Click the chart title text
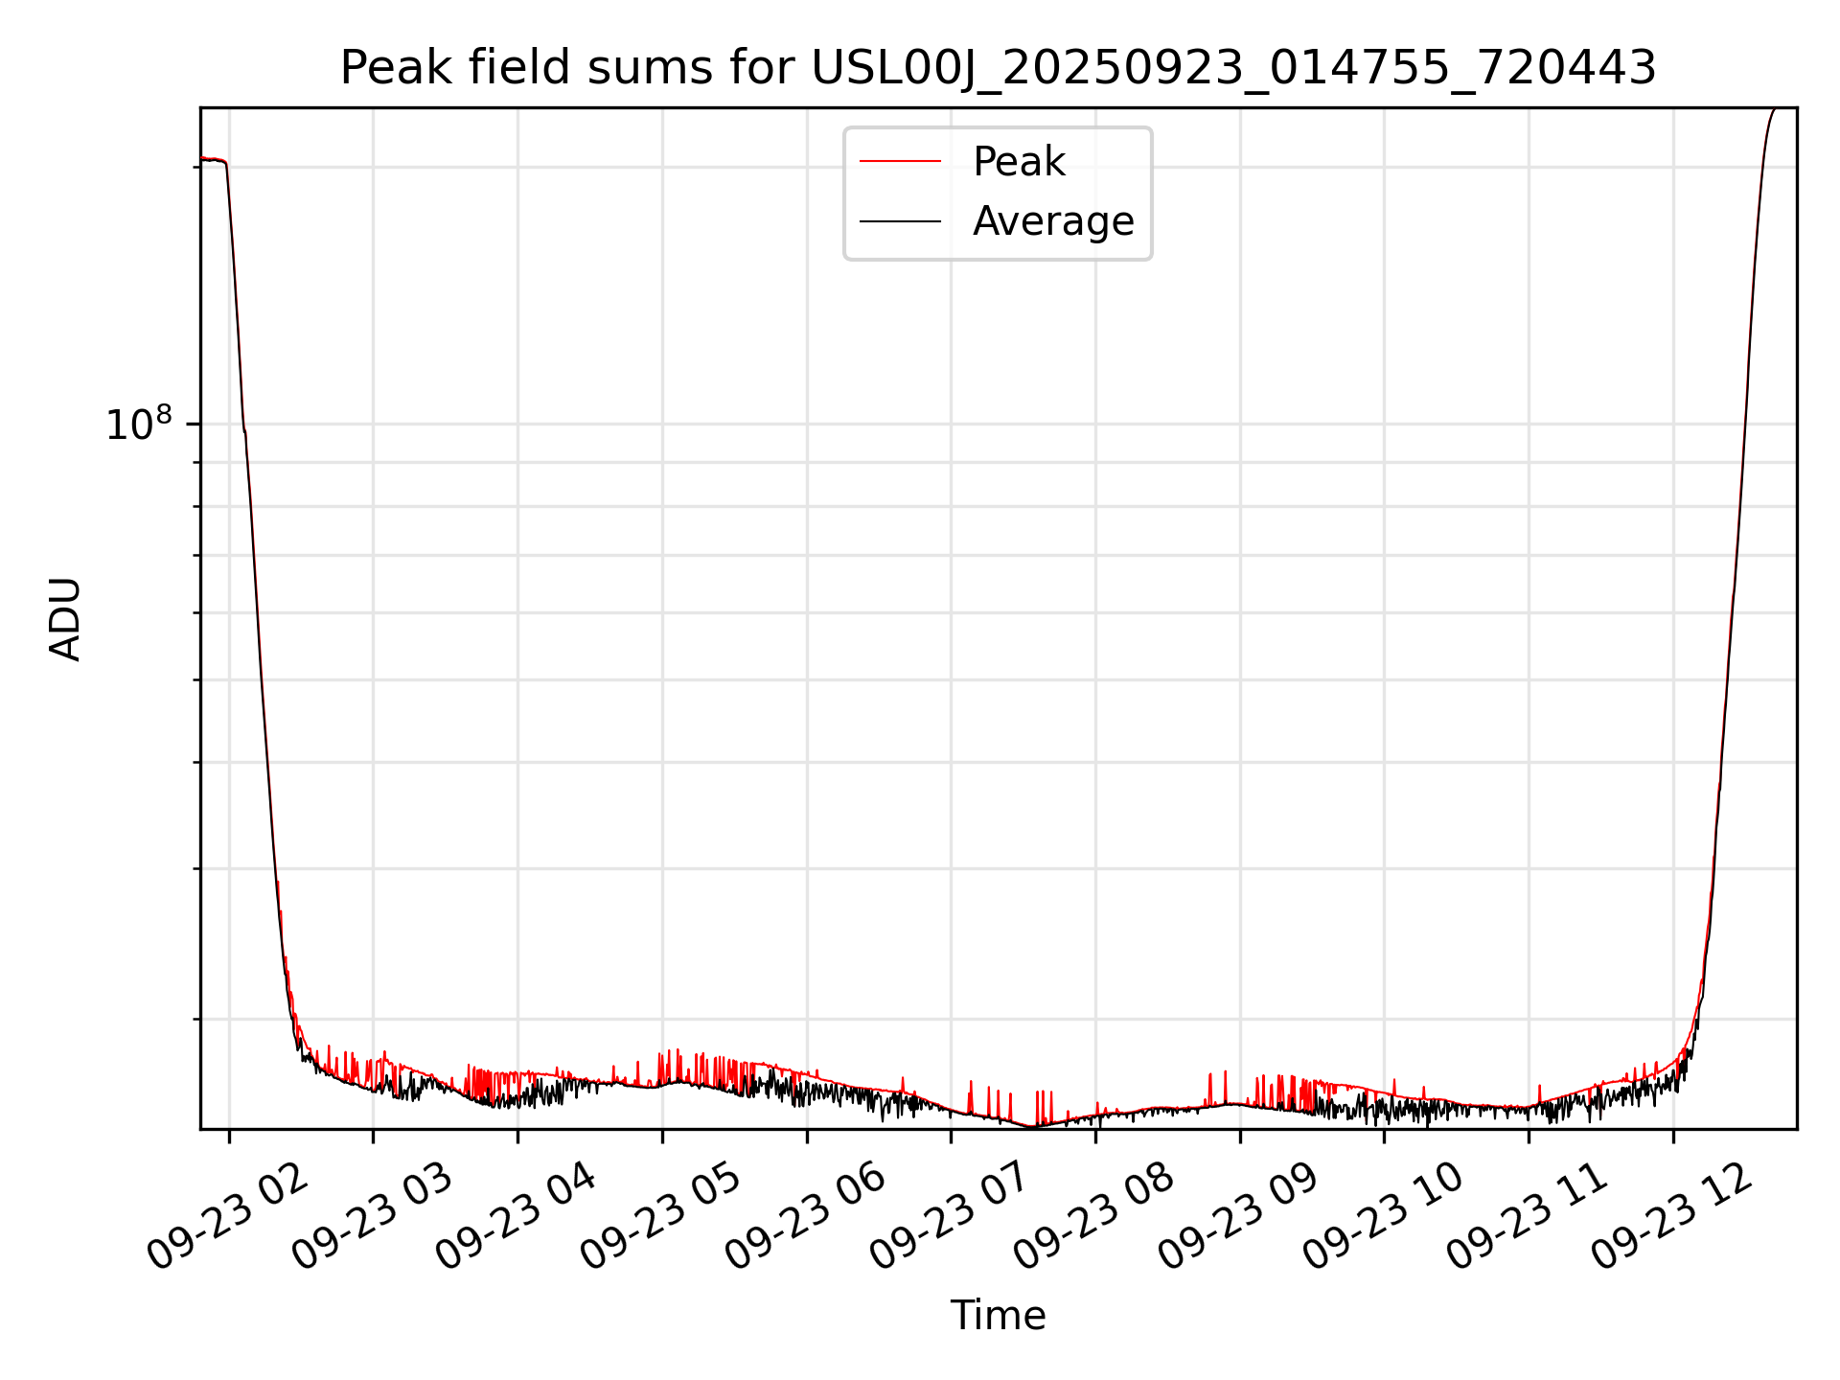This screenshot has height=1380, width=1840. point(998,69)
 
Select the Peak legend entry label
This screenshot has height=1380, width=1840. point(1019,162)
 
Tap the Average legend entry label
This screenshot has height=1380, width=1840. point(1053,221)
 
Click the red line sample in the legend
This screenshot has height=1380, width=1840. point(900,162)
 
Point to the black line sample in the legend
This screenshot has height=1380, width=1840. point(900,221)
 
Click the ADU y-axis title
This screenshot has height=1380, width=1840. point(65,619)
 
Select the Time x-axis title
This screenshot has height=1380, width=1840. point(998,1316)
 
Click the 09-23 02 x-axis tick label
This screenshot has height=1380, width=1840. point(229,1218)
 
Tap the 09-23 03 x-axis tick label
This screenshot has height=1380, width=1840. point(373,1218)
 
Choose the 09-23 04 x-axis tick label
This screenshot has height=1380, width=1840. point(517,1218)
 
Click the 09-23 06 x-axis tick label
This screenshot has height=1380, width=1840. point(806,1218)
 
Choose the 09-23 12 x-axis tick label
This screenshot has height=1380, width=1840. point(1672,1218)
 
